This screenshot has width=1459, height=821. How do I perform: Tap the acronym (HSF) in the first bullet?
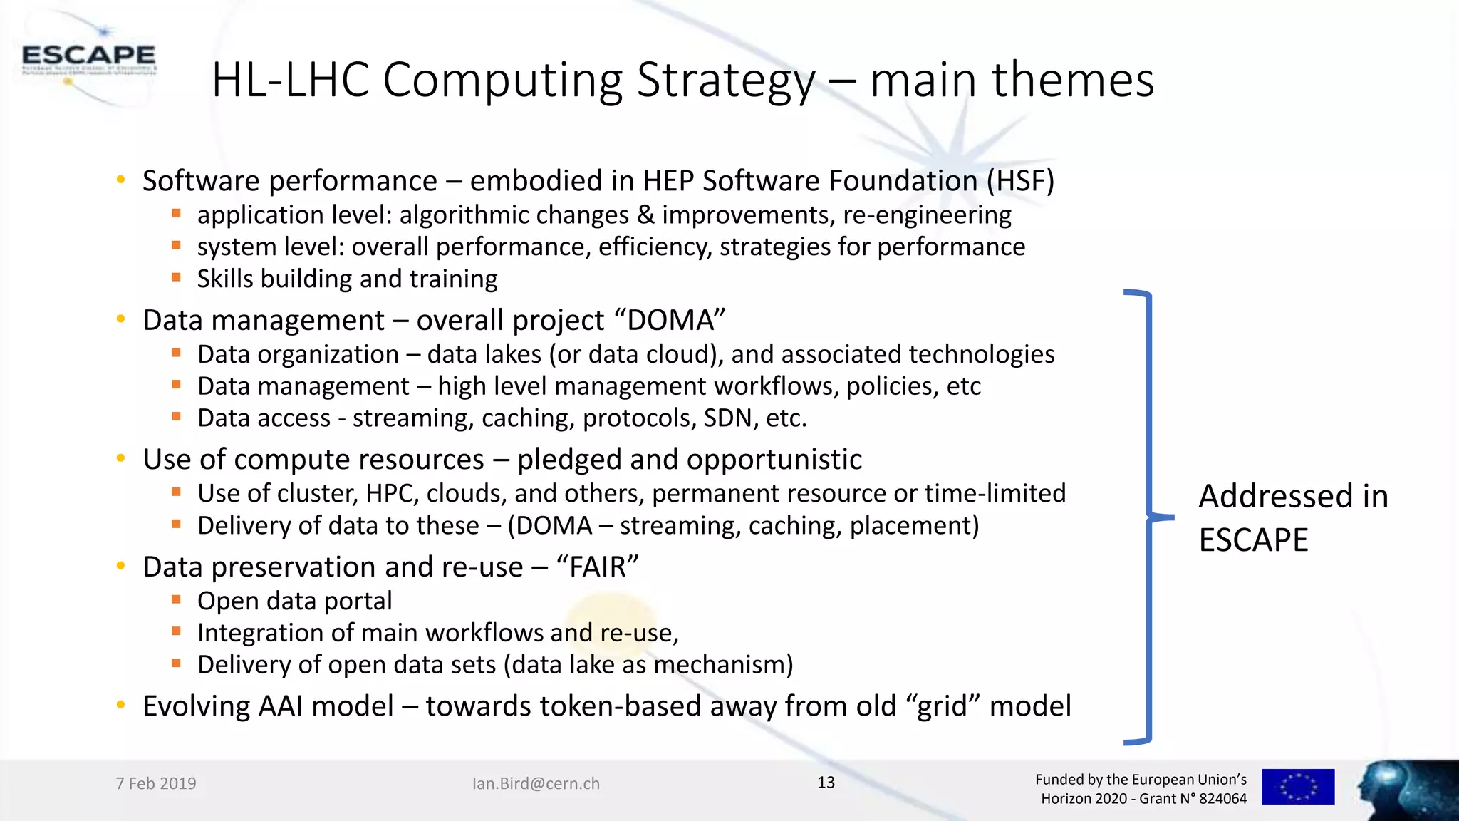tap(1020, 181)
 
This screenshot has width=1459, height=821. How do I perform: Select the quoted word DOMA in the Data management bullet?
tap(675, 321)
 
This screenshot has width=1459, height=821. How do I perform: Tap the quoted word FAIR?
tap(597, 567)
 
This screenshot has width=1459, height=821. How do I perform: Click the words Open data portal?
tap(294, 601)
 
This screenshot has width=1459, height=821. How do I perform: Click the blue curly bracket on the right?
tap(1147, 516)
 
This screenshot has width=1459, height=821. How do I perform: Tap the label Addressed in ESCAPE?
tap(1292, 517)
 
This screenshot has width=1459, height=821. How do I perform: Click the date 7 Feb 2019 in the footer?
tap(156, 783)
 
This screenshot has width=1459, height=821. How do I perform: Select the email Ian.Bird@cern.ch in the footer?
tap(536, 783)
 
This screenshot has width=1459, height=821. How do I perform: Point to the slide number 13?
tap(826, 783)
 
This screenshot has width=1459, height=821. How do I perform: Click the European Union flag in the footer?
tap(1297, 787)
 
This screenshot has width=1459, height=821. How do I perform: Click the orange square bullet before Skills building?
tap(176, 277)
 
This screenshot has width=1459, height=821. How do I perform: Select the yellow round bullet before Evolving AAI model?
tap(121, 706)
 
